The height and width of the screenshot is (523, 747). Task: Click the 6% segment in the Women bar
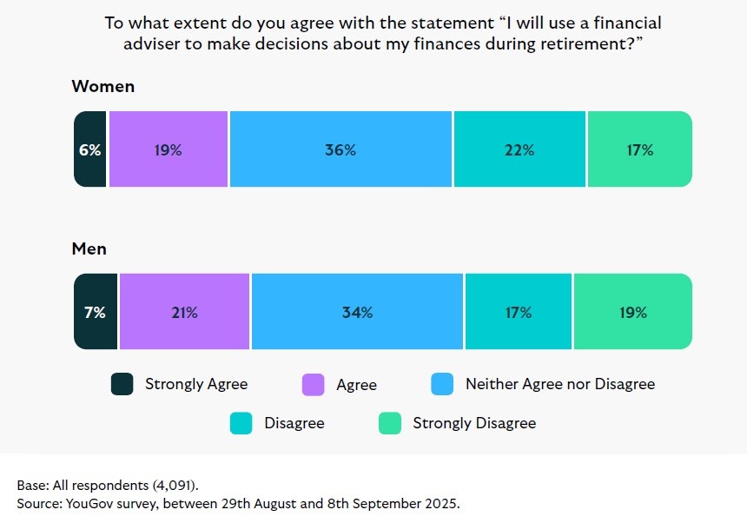pyautogui.click(x=90, y=149)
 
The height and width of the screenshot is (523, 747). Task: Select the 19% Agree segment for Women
pyautogui.click(x=169, y=149)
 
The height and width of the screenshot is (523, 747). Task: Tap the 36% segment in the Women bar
pyautogui.click(x=340, y=149)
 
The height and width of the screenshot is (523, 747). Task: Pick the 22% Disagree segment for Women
pyautogui.click(x=519, y=149)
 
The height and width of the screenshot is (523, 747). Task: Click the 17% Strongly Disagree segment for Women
pyautogui.click(x=639, y=149)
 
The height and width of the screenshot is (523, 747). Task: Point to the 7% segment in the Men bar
pyautogui.click(x=95, y=312)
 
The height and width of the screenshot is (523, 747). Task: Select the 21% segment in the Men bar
pyautogui.click(x=184, y=312)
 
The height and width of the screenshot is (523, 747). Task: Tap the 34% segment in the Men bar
pyautogui.click(x=357, y=312)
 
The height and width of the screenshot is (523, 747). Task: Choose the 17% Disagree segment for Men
pyautogui.click(x=519, y=312)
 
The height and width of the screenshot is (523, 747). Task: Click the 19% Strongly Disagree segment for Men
pyautogui.click(x=633, y=312)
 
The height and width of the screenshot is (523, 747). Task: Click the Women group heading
pyautogui.click(x=102, y=87)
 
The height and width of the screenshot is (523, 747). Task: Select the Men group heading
pyautogui.click(x=89, y=249)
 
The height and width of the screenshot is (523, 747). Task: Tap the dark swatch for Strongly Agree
pyautogui.click(x=122, y=384)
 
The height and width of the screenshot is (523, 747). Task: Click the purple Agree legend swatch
pyautogui.click(x=313, y=384)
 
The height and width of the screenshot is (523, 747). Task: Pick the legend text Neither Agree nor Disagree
pyautogui.click(x=559, y=384)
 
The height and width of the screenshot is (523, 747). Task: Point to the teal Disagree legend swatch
pyautogui.click(x=241, y=424)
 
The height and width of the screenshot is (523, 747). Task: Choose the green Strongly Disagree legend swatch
pyautogui.click(x=390, y=424)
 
